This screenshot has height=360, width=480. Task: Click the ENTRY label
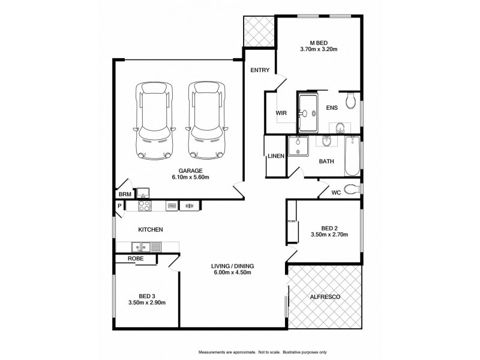point(260,70)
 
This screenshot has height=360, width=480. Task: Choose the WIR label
point(280,112)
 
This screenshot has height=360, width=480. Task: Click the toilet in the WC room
point(353,190)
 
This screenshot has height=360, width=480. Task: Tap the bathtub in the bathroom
point(352,155)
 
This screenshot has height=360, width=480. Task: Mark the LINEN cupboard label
point(275,156)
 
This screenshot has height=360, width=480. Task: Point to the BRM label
point(124,194)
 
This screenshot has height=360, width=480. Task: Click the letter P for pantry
point(119,206)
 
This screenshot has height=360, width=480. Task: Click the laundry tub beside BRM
point(143,193)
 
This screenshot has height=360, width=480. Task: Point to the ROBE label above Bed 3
point(134,258)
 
